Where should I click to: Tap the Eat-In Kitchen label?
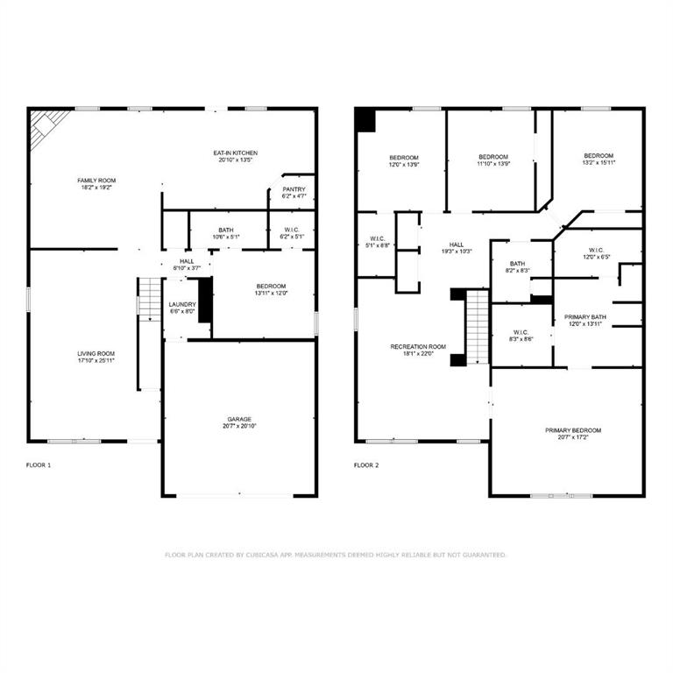pos(235,152)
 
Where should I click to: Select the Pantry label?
pos(294,189)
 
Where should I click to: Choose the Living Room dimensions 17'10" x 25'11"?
pos(95,360)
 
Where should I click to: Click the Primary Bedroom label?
pos(573,430)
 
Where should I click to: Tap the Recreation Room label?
pos(418,347)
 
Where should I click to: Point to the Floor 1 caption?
pos(39,465)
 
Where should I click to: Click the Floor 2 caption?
pos(366,465)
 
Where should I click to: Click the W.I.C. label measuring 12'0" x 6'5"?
pos(598,253)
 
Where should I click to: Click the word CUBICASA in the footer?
pos(267,555)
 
